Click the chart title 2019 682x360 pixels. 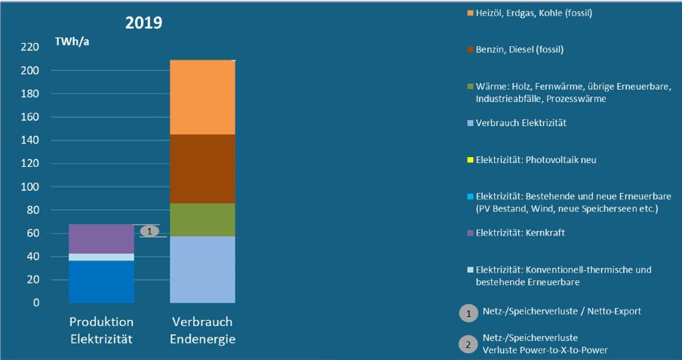pyautogui.click(x=144, y=22)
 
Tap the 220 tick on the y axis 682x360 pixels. pyautogui.click(x=29, y=48)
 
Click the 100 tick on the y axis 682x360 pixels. pyautogui.click(x=29, y=186)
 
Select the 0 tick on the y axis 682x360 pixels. pyautogui.click(x=35, y=303)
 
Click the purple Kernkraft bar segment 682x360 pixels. pyautogui.click(x=100, y=238)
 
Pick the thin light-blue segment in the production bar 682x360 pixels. pyautogui.click(x=100, y=257)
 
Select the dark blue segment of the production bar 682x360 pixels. pyautogui.click(x=100, y=282)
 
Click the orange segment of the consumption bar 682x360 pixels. pyautogui.click(x=201, y=97)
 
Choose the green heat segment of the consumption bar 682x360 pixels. pyautogui.click(x=201, y=220)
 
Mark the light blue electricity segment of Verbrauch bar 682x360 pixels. pyautogui.click(x=201, y=269)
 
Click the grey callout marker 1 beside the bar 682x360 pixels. pyautogui.click(x=149, y=231)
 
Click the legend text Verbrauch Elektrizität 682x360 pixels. pyautogui.click(x=520, y=122)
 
